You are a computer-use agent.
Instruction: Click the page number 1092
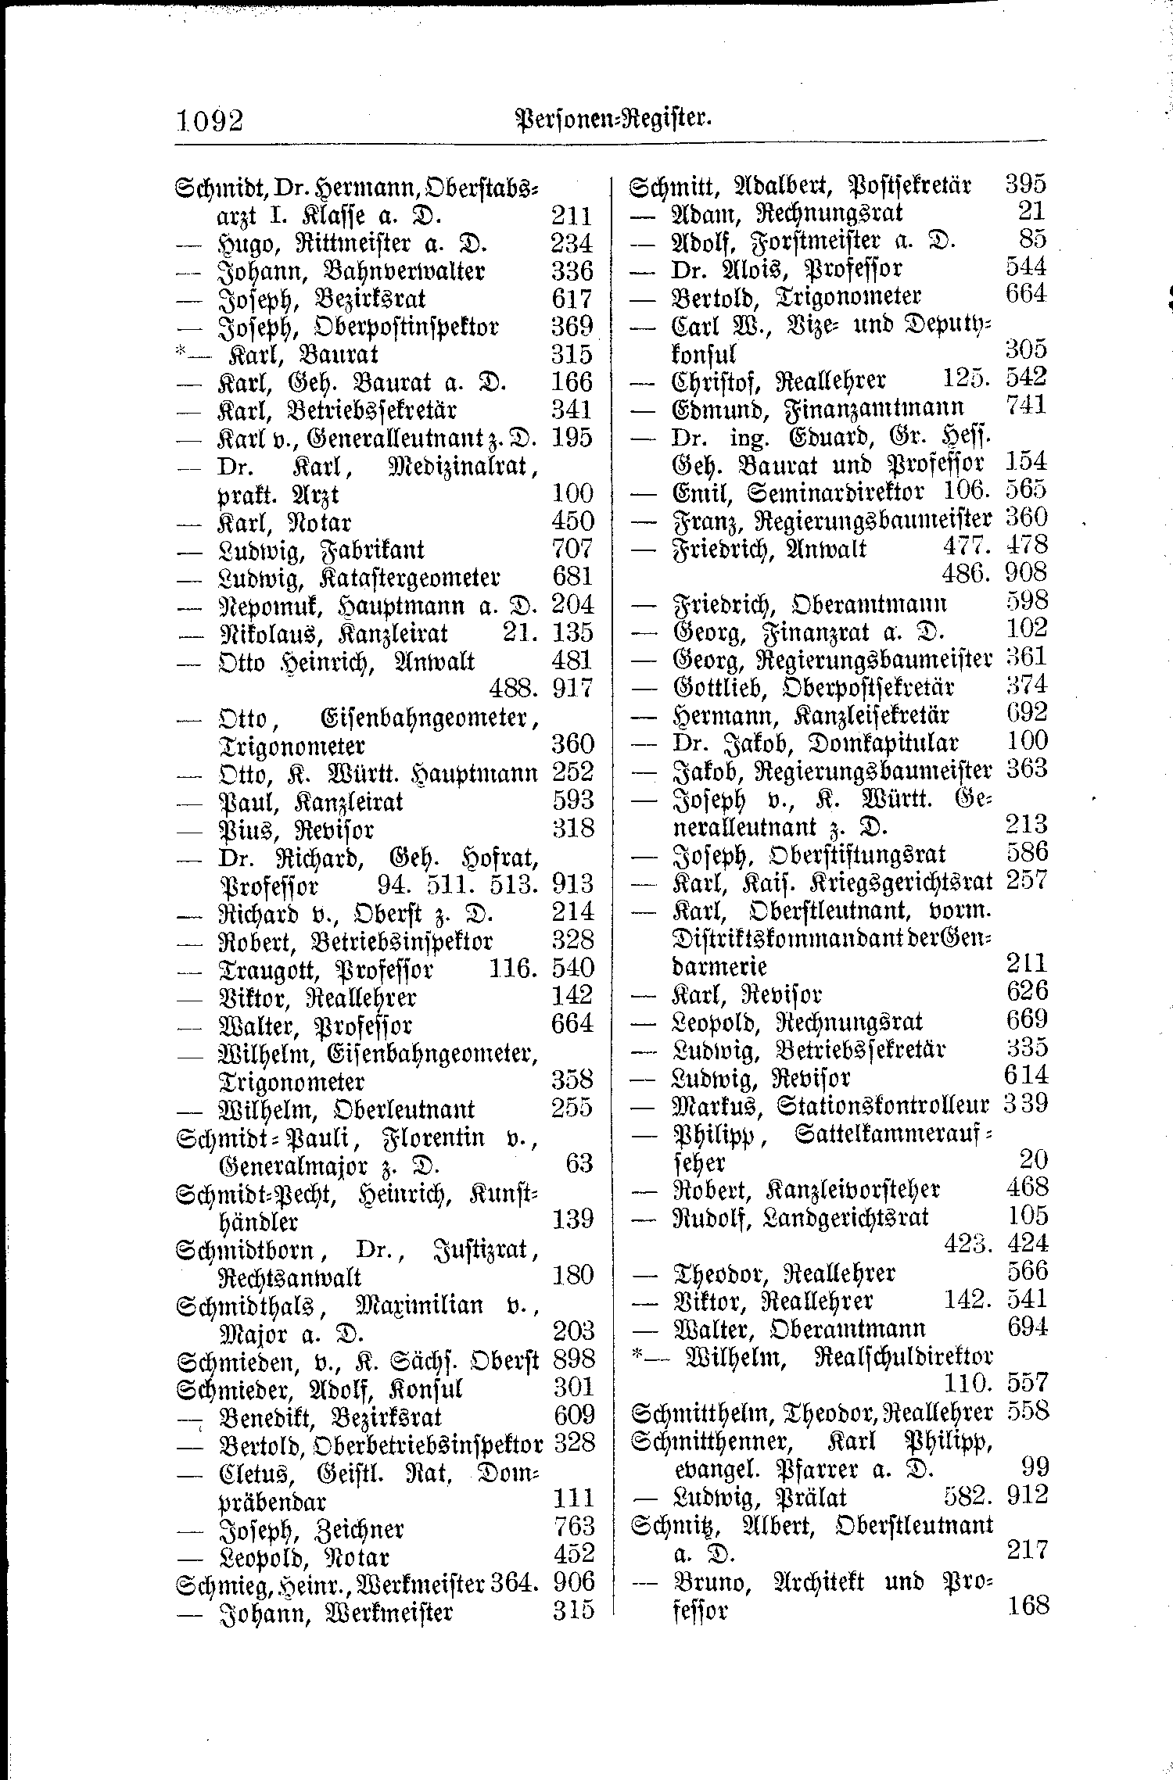click(x=209, y=121)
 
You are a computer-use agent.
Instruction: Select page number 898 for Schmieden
click(x=573, y=1359)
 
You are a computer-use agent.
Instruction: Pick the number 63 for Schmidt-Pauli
click(x=579, y=1164)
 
